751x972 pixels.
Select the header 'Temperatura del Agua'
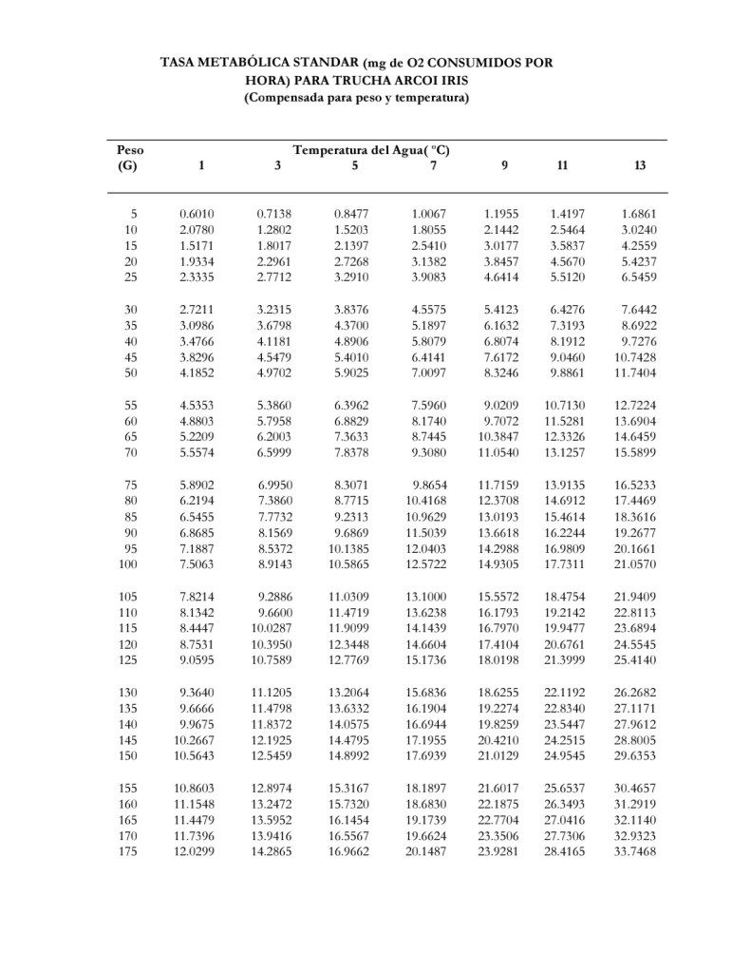[371, 149]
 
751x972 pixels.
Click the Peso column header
[130, 149]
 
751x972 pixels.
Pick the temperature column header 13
[639, 165]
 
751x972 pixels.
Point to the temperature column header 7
[433, 165]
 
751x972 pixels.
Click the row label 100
[128, 564]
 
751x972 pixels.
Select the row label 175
[128, 851]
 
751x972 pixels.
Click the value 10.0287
[272, 628]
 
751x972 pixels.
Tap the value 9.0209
[502, 406]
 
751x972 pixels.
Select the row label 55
[131, 406]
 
